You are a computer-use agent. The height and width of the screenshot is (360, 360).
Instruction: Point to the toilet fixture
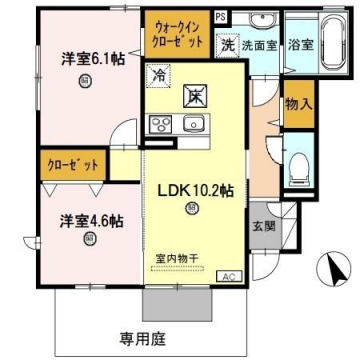click(x=298, y=167)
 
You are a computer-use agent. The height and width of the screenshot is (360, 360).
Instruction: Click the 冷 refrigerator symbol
click(x=159, y=72)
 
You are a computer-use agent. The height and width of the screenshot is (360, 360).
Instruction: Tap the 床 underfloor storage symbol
click(x=193, y=97)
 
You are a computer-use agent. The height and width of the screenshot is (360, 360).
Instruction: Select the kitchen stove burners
click(x=160, y=124)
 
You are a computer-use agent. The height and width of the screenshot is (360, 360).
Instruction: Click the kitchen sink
click(x=193, y=124)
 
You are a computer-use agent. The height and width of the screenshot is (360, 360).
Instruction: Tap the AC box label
click(x=226, y=275)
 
